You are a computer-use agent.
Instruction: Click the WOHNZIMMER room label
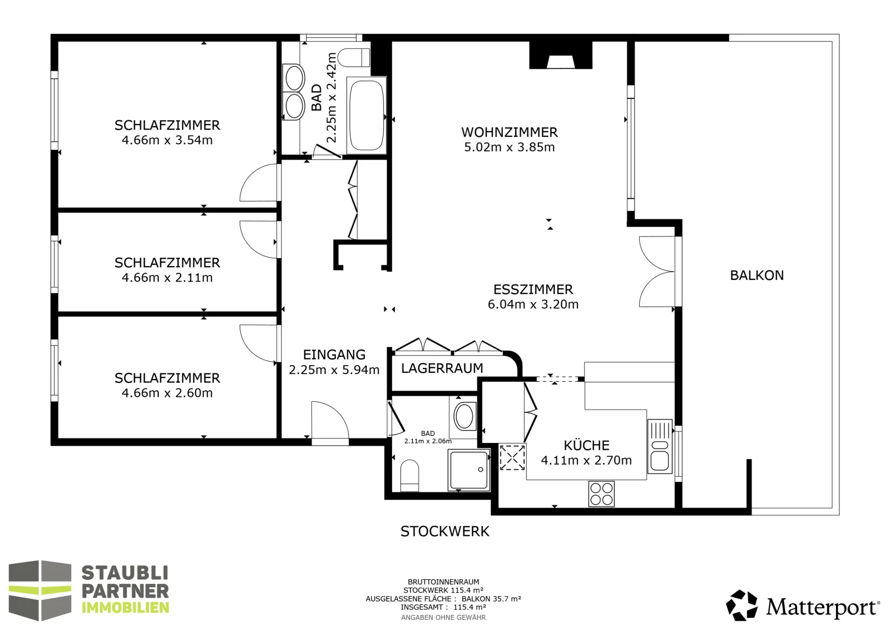pyautogui.click(x=510, y=132)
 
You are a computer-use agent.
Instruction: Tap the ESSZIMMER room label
pyautogui.click(x=533, y=289)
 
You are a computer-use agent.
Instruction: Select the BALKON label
pyautogui.click(x=757, y=275)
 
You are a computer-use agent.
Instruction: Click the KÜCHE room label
pyautogui.click(x=586, y=445)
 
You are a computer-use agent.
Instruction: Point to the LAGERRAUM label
pyautogui.click(x=442, y=368)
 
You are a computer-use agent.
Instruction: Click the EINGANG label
pyautogui.click(x=334, y=354)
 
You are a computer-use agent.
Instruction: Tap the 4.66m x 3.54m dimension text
pyautogui.click(x=167, y=140)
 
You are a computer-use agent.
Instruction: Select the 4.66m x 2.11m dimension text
pyautogui.click(x=167, y=278)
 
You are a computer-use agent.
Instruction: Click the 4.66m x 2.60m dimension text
pyautogui.click(x=167, y=393)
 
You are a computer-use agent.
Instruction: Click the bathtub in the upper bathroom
pyautogui.click(x=367, y=115)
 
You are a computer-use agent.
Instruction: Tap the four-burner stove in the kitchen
pyautogui.click(x=601, y=493)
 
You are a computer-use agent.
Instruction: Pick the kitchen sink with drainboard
pyautogui.click(x=660, y=446)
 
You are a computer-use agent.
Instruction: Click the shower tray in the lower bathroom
pyautogui.click(x=468, y=470)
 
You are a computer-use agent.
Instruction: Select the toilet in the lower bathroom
pyautogui.click(x=409, y=475)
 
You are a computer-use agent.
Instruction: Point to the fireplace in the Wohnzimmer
pyautogui.click(x=561, y=55)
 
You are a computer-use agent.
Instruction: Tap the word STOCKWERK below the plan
pyautogui.click(x=444, y=531)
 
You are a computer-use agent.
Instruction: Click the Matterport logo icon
pyautogui.click(x=741, y=605)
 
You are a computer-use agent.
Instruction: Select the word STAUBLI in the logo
pyautogui.click(x=125, y=573)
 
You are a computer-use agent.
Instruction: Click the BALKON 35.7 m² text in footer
pyautogui.click(x=491, y=599)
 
